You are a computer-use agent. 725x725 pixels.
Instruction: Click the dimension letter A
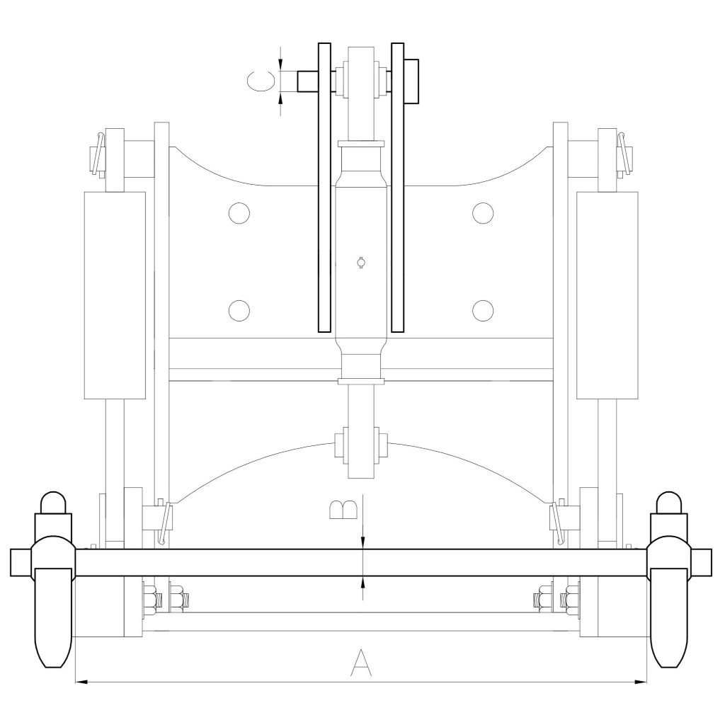(x=361, y=663)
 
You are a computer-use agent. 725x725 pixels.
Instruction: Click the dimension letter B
(x=343, y=510)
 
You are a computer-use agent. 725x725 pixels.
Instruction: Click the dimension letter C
(x=261, y=81)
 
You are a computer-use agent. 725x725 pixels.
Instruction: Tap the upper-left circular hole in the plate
(x=239, y=213)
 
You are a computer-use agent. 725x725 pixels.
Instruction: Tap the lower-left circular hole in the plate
(x=239, y=310)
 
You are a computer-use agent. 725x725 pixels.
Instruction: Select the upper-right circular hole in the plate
(x=483, y=213)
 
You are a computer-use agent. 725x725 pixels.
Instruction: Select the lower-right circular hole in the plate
(x=483, y=310)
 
